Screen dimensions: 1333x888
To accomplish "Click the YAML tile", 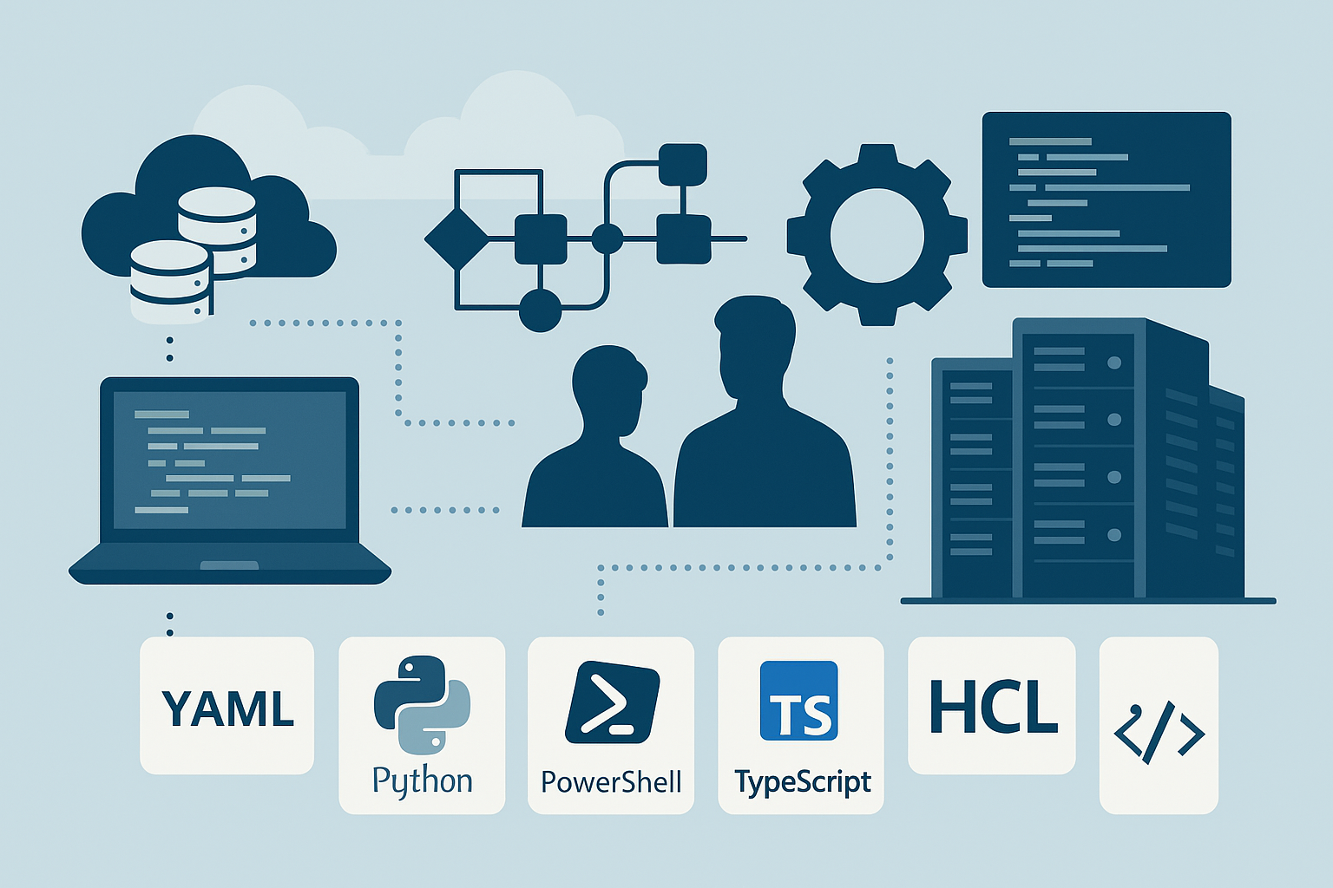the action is click(x=227, y=706).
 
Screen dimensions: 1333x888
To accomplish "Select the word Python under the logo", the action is click(x=422, y=781).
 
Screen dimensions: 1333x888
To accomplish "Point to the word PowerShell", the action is click(x=611, y=782).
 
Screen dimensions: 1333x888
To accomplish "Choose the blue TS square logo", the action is click(x=798, y=701).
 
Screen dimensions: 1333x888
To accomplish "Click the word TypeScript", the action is click(x=802, y=782).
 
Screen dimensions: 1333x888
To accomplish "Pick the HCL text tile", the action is click(x=992, y=706).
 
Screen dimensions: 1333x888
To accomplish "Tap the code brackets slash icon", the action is click(x=1159, y=735).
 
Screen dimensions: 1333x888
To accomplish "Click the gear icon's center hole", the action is click(x=877, y=235).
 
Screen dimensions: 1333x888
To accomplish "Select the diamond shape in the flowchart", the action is click(x=456, y=238).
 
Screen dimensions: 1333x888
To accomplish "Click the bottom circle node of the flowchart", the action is click(x=540, y=310).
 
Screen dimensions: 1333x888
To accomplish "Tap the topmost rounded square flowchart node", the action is click(x=683, y=165).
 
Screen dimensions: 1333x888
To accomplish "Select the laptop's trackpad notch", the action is click(x=229, y=565).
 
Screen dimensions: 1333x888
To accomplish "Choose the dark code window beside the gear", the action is click(x=1106, y=199).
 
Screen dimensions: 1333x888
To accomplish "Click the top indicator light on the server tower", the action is click(x=1114, y=362).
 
